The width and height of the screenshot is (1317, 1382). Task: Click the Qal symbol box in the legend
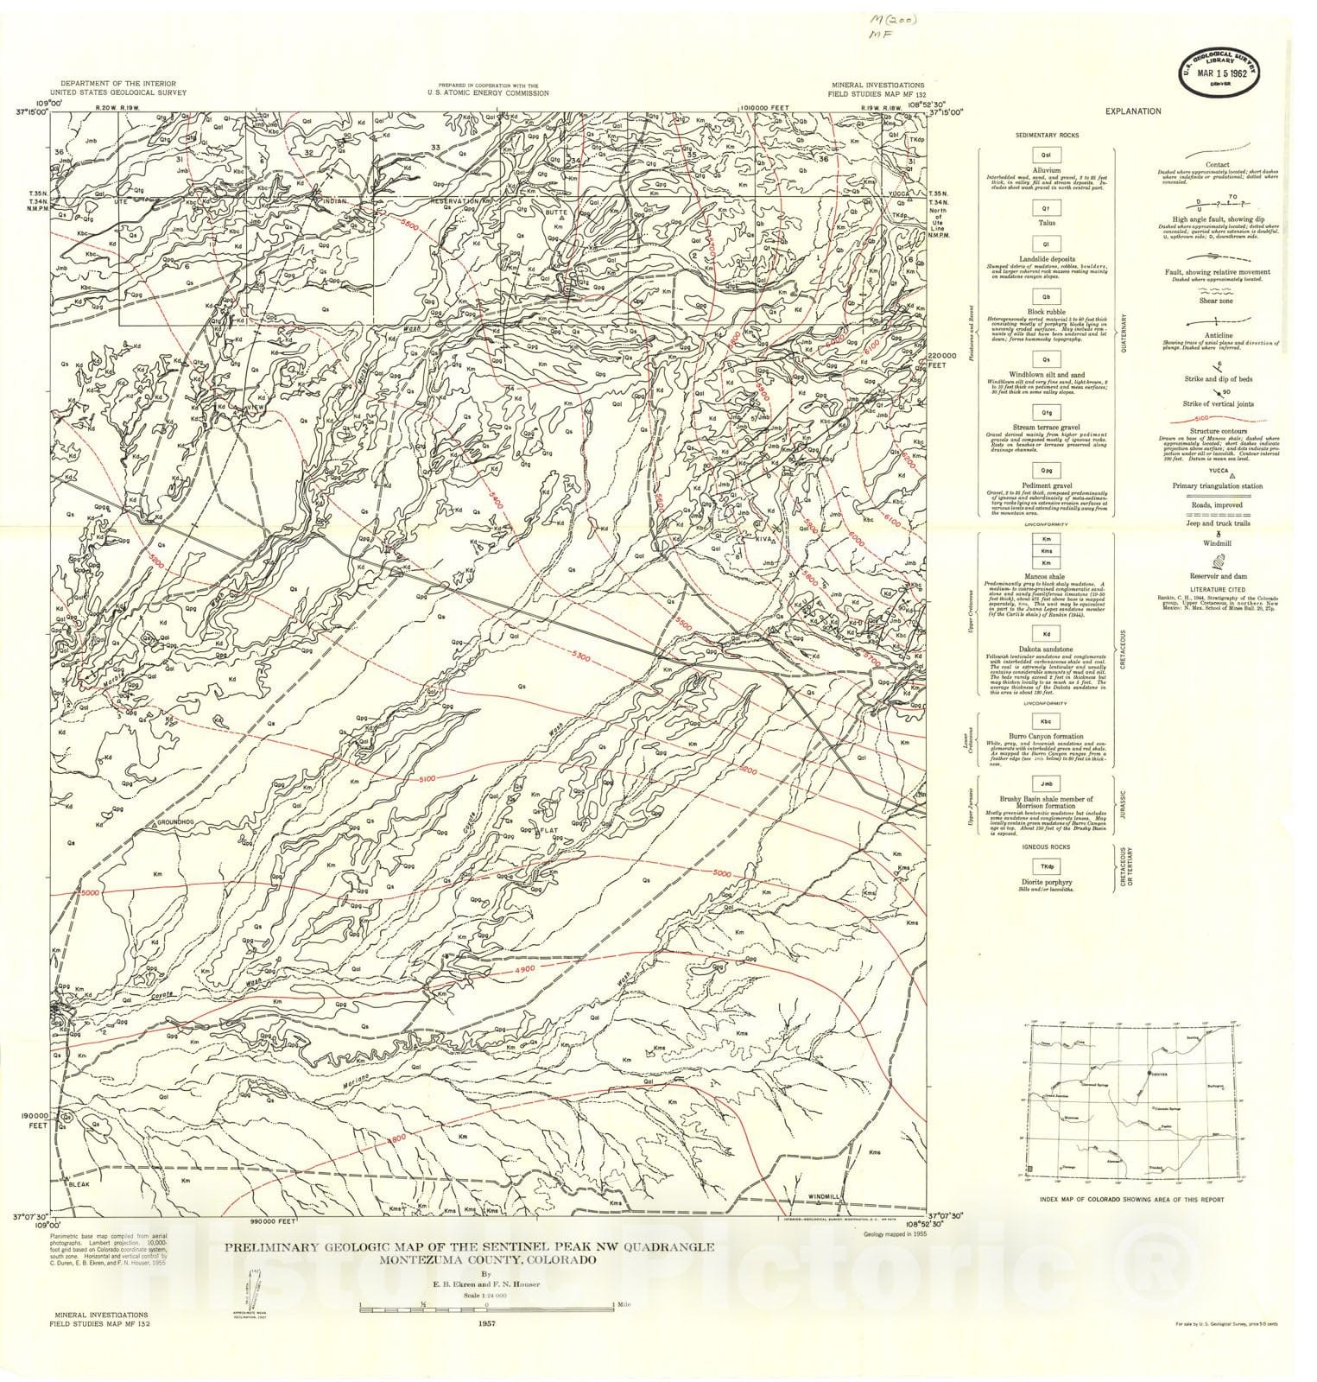coord(1045,156)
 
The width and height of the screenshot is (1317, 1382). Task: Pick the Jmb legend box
coord(1045,784)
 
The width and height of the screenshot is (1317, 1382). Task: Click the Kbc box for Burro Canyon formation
coord(1045,721)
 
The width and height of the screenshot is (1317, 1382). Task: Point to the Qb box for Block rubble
coord(1045,296)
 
